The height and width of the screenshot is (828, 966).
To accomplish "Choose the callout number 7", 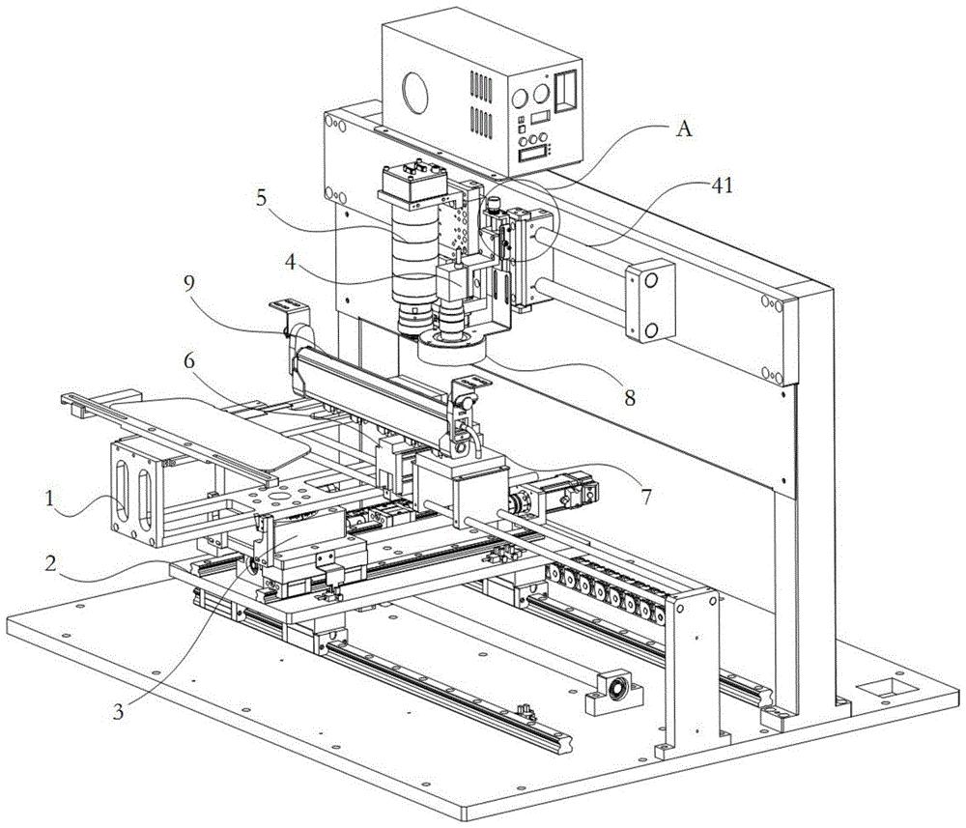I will (643, 497).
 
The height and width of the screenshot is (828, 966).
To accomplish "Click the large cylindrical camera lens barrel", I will (413, 251).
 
